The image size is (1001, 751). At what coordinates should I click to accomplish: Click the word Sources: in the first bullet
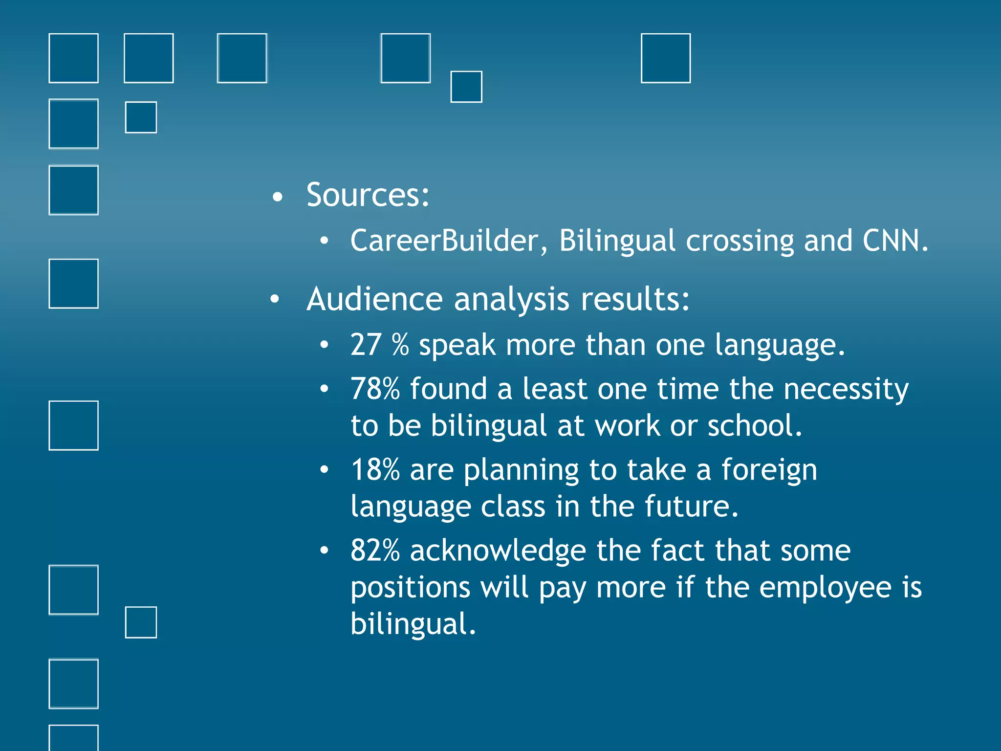click(368, 195)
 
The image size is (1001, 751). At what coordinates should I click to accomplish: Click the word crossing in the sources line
click(740, 241)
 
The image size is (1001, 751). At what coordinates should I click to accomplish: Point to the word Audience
click(374, 299)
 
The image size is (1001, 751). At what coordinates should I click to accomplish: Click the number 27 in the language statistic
click(366, 345)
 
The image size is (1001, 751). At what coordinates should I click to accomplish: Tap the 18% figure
click(375, 470)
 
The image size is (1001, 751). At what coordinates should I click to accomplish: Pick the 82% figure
click(375, 551)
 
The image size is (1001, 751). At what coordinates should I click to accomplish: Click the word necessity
click(846, 390)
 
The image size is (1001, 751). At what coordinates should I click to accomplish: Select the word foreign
click(769, 471)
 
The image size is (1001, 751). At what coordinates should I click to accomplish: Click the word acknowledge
click(498, 552)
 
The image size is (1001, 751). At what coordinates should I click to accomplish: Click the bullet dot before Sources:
click(278, 197)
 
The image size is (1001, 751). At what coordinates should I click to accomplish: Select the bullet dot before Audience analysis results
click(275, 299)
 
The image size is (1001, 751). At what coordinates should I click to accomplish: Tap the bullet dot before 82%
click(324, 551)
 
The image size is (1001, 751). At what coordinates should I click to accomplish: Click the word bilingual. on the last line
click(413, 624)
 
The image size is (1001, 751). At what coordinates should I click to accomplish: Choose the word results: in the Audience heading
click(635, 299)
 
